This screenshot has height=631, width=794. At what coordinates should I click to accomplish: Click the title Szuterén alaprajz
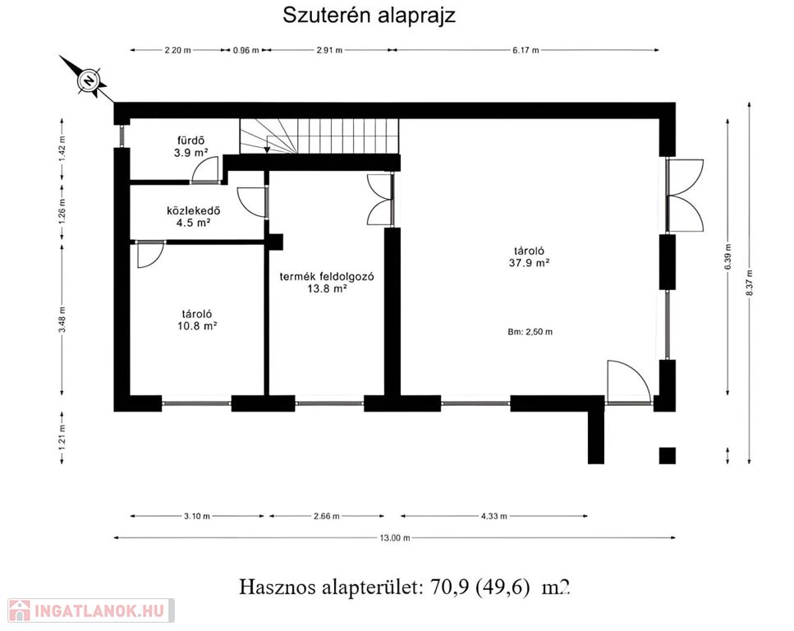pyautogui.click(x=369, y=16)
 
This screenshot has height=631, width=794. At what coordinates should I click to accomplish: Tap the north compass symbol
pyautogui.click(x=89, y=81)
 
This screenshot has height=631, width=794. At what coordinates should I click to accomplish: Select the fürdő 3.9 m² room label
pyautogui.click(x=190, y=146)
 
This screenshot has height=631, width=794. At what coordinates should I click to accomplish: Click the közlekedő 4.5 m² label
pyautogui.click(x=194, y=216)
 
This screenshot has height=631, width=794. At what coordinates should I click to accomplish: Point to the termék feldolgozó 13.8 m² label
pyautogui.click(x=327, y=283)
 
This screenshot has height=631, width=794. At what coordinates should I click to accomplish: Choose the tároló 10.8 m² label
pyautogui.click(x=197, y=320)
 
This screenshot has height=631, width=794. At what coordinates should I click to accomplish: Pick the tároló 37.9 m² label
pyautogui.click(x=529, y=256)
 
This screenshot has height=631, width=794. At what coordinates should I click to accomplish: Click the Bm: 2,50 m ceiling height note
pyautogui.click(x=530, y=332)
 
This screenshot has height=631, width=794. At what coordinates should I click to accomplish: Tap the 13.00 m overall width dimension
pyautogui.click(x=395, y=537)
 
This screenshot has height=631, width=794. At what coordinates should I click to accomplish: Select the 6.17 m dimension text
pyautogui.click(x=526, y=50)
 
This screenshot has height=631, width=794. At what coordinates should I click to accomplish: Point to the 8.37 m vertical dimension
pyautogui.click(x=750, y=283)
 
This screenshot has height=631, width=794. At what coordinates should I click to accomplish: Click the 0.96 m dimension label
pyautogui.click(x=246, y=50)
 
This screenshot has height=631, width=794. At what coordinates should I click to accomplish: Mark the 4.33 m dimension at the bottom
pyautogui.click(x=493, y=516)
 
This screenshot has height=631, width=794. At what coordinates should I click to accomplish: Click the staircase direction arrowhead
pyautogui.click(x=267, y=150)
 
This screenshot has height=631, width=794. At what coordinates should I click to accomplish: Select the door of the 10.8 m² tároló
pyautogui.click(x=150, y=255)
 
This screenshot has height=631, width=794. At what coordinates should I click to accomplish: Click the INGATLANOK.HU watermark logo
pyautogui.click(x=90, y=610)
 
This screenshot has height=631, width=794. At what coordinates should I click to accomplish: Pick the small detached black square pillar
pyautogui.click(x=667, y=455)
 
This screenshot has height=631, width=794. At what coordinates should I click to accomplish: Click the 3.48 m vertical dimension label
pyautogui.click(x=62, y=320)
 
